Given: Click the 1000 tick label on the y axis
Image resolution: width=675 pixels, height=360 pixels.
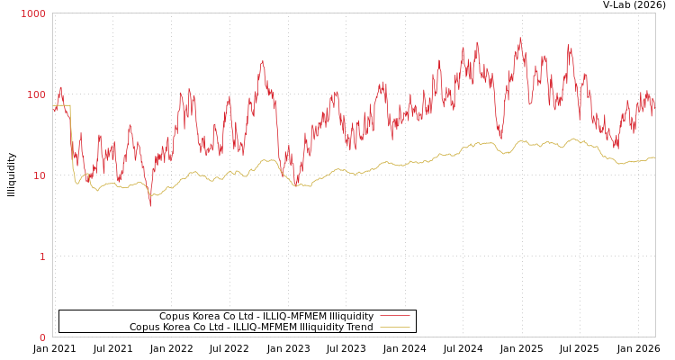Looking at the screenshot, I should [x=33, y=13].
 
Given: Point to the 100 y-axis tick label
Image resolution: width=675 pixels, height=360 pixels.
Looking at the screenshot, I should [x=36, y=94].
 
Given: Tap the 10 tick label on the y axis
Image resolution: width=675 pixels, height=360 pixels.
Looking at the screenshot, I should [x=39, y=175].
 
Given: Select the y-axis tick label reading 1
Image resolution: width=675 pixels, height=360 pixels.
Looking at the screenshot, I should [x=41, y=256].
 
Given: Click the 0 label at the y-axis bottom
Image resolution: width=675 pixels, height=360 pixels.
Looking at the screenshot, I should [x=41, y=337].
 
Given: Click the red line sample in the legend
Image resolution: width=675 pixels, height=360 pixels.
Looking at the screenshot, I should [x=395, y=316].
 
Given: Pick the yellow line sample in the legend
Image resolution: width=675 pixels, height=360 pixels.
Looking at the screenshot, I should [x=395, y=327].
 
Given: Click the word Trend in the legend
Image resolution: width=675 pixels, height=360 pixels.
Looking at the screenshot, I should [x=358, y=328].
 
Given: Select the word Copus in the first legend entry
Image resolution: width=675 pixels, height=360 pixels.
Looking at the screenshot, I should [x=175, y=317].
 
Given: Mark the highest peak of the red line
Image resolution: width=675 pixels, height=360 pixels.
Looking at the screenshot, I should [x=520, y=38].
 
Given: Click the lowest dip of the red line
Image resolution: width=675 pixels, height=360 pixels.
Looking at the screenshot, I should [x=150, y=205].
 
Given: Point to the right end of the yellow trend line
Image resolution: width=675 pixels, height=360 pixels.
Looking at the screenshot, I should [x=654, y=157].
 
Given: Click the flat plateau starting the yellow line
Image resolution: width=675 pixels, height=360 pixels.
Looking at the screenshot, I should [x=61, y=105].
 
